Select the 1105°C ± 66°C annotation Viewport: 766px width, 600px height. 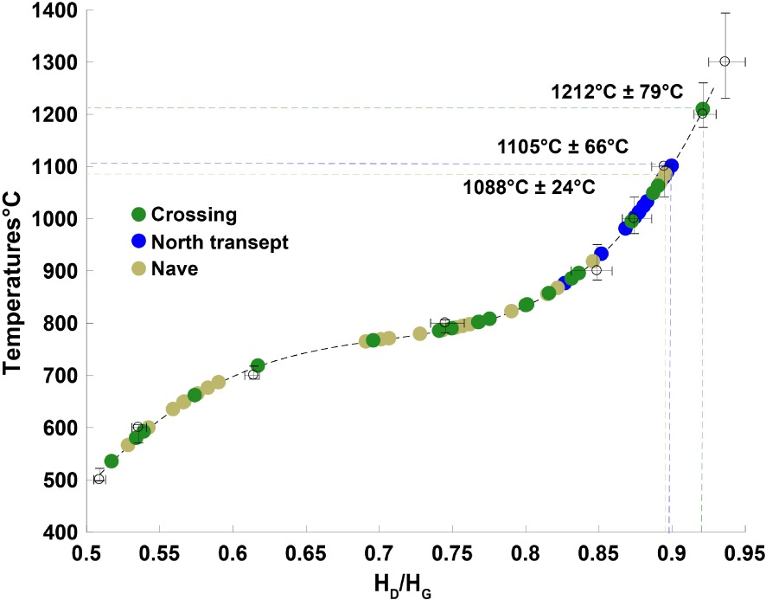(564, 146)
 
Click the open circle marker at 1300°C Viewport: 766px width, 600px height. (725, 61)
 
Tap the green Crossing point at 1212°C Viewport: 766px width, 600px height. (703, 110)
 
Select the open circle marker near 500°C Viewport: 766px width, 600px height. (99, 479)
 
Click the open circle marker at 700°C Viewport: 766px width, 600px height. (253, 375)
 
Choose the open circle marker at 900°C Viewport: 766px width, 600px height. (597, 270)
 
